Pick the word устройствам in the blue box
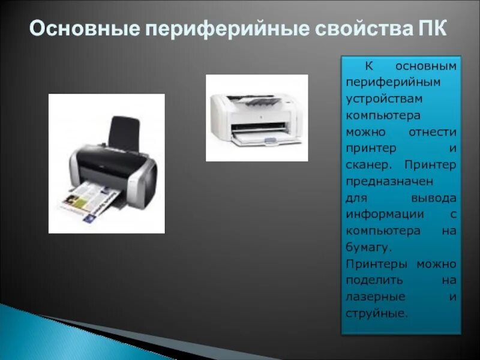tap(376, 98)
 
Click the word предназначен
tap(384, 181)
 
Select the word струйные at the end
tap(376, 313)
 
